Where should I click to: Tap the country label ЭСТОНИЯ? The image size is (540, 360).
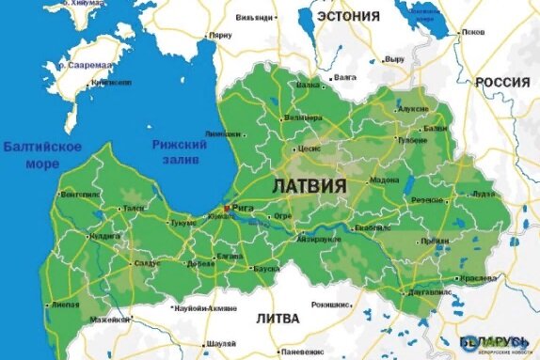tap(348, 16)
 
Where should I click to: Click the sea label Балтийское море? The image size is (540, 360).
tap(41, 155)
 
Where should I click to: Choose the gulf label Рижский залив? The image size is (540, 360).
tap(179, 151)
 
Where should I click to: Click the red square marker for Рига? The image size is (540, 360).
tap(225, 208)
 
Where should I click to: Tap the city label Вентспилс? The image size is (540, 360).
tap(79, 195)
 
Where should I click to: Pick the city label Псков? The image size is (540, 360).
tap(473, 32)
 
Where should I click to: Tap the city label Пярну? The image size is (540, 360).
tap(220, 35)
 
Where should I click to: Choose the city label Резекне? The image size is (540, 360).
tap(428, 200)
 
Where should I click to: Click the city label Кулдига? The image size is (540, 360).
tap(104, 236)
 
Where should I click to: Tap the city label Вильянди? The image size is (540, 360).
tap(255, 17)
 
